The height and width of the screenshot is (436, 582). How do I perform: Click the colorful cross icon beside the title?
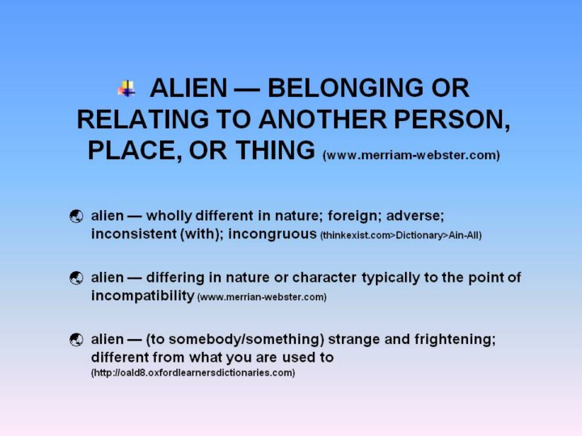coord(127,88)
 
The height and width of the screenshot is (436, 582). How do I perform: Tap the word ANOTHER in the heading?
coord(323,119)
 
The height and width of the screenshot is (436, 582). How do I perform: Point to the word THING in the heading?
coord(275,150)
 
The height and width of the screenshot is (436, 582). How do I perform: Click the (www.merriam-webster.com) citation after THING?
coord(411,154)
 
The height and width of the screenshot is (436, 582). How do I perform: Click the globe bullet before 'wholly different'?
coord(77,216)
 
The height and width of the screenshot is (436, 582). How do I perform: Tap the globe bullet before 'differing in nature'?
coord(77,278)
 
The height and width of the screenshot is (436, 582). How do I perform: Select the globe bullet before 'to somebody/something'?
coord(77,340)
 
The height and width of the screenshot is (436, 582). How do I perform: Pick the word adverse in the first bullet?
coord(414,216)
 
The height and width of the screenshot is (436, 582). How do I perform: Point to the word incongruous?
coord(272,234)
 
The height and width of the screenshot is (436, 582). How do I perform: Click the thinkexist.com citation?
coord(401,236)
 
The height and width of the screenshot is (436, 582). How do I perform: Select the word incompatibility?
coord(143,296)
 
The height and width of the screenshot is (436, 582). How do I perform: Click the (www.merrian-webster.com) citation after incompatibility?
coord(262,297)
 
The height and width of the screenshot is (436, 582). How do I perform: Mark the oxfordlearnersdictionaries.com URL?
coord(193,372)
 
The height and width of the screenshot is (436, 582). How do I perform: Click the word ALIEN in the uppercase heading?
coord(188,88)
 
